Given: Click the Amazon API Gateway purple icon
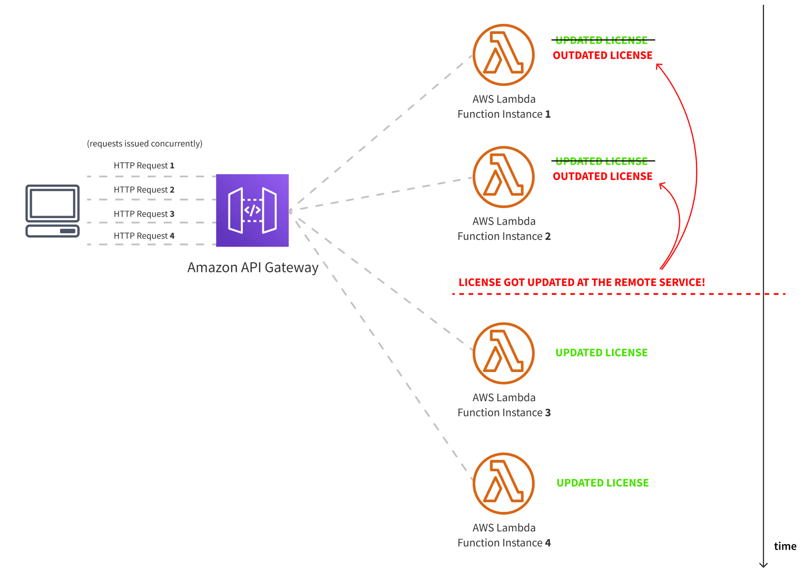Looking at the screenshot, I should [x=252, y=210].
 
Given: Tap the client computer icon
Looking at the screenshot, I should [x=52, y=211].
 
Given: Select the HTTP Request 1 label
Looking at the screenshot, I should [x=144, y=166].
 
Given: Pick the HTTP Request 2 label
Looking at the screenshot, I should [x=144, y=190].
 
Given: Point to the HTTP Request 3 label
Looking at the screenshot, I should [x=144, y=214].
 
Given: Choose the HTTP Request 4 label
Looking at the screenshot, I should [x=144, y=236].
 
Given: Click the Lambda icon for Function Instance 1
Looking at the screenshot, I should [x=504, y=55].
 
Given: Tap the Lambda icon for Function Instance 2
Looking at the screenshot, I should [x=504, y=177].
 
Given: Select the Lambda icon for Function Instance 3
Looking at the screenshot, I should [x=504, y=353].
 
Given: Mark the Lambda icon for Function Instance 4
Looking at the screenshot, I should [x=504, y=484].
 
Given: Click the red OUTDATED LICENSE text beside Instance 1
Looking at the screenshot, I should [x=602, y=55].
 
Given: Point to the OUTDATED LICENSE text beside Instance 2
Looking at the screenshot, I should [x=602, y=176].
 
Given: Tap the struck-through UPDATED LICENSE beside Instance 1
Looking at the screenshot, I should [x=602, y=40].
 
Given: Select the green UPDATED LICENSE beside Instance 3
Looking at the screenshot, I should [x=601, y=353].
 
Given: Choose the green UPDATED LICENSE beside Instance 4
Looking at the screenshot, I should [x=602, y=483].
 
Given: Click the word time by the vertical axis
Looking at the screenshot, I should [x=785, y=547].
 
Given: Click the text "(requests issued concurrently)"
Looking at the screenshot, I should [x=145, y=144].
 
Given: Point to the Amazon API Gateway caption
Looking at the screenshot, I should [x=253, y=268].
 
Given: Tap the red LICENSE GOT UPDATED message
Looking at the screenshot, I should [x=581, y=282].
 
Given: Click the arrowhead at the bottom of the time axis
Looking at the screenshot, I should [x=764, y=565].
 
